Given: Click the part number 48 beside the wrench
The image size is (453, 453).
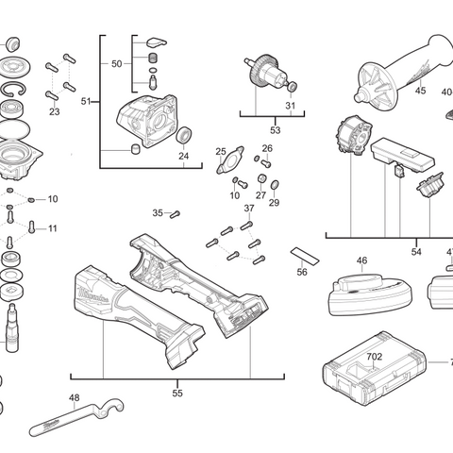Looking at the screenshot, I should (75, 398).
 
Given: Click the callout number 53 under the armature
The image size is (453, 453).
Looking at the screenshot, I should (276, 129).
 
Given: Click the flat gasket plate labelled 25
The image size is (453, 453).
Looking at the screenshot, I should (227, 161).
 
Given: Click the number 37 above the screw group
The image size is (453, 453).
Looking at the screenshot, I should (249, 208).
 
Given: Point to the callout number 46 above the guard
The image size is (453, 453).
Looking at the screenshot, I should (361, 260).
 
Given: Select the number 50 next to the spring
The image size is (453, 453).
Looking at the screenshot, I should (117, 64).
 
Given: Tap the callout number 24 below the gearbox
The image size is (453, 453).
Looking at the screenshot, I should (184, 156).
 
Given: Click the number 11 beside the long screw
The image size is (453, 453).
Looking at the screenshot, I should (53, 228).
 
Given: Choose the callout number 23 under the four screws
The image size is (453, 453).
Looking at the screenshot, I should (54, 111).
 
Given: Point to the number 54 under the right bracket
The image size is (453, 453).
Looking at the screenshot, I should (416, 252).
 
